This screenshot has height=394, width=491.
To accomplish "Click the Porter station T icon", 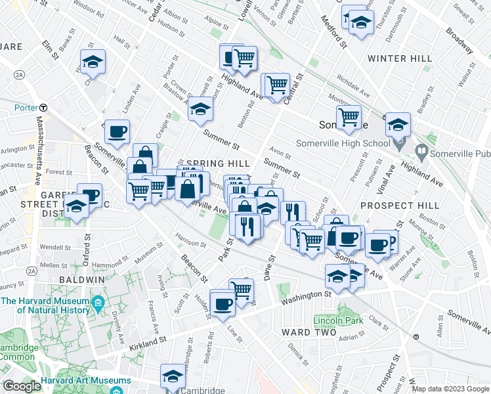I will click(43, 107).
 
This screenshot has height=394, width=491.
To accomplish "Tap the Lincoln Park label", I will click(329, 321).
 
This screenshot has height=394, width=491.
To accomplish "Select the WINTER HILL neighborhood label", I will click(391, 58).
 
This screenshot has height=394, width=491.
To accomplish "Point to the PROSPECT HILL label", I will click(386, 206).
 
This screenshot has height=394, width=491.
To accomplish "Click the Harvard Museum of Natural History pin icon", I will click(98, 303).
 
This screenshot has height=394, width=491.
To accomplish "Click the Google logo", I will click(22, 386).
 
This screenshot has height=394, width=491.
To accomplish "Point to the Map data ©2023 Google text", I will click(450, 389).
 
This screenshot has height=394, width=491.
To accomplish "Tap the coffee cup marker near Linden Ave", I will click(117, 131).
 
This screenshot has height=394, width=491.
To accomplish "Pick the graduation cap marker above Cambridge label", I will click(173, 375).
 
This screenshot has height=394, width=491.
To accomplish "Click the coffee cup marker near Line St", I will click(223, 302).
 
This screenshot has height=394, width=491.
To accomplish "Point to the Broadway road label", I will click(459, 40).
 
